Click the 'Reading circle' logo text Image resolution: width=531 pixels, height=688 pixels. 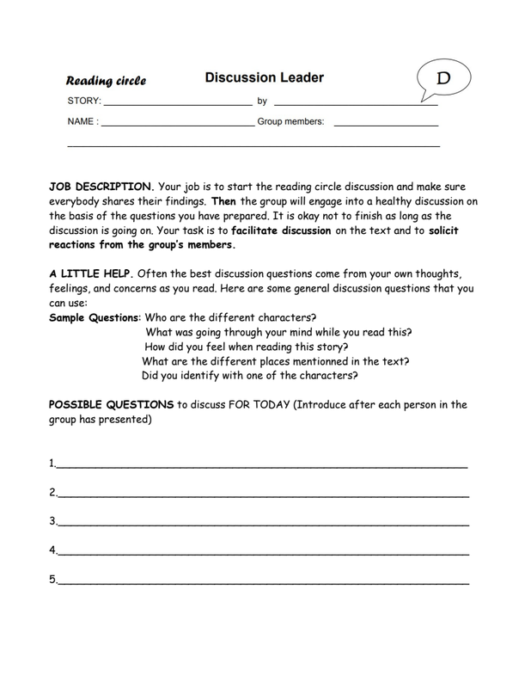107,81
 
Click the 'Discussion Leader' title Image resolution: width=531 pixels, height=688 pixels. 264,78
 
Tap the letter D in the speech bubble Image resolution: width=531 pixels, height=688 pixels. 443,78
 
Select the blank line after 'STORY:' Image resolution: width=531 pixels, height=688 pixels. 176,104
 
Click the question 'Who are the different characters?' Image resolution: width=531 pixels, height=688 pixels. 231,317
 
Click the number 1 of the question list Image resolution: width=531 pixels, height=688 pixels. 52,464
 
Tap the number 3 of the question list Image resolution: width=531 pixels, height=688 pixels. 52,521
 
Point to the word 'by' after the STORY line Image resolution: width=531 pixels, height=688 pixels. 262,101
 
